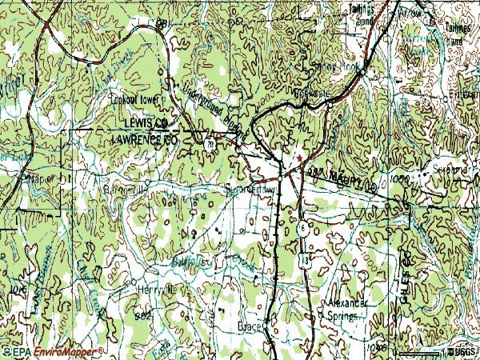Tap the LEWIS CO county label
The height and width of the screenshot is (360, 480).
(x=145, y=122)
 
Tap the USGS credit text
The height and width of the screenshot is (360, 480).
(x=462, y=351)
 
